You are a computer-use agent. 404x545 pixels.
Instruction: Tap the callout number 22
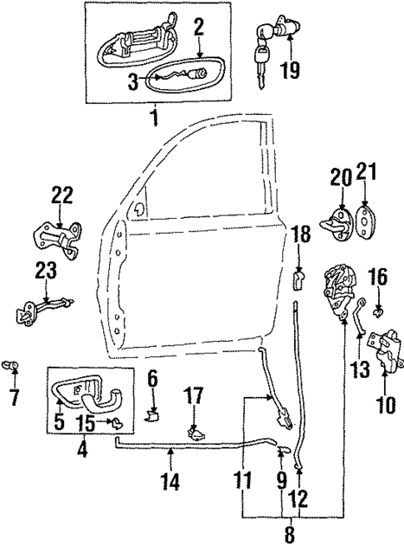[62, 196]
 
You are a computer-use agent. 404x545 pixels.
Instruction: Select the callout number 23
[46, 271]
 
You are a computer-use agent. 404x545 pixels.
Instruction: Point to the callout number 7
[13, 398]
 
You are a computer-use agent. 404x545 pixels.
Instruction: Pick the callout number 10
[384, 407]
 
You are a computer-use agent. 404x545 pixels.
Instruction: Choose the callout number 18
[302, 236]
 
